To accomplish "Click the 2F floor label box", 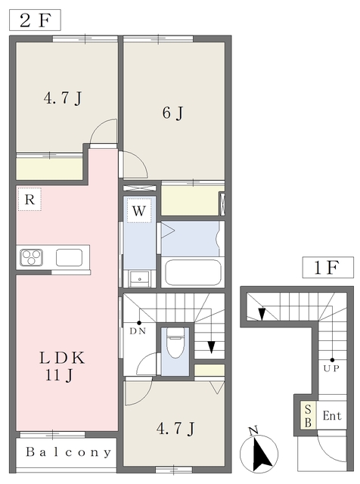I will pos(36,19).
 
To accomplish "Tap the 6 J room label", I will pos(172,113).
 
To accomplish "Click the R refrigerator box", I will pos(29,200).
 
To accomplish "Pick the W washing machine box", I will pos(139,211).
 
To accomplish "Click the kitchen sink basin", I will pos(69,257).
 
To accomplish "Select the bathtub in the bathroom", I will pos(193,272).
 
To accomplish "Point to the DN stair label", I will pos(138,330).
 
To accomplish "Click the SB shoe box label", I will pos(308,415).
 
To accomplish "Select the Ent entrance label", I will pos(332,416).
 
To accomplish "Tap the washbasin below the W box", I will pos(138,278).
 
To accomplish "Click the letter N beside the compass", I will pos(253,431).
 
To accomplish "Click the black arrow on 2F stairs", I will pos(211,347).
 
